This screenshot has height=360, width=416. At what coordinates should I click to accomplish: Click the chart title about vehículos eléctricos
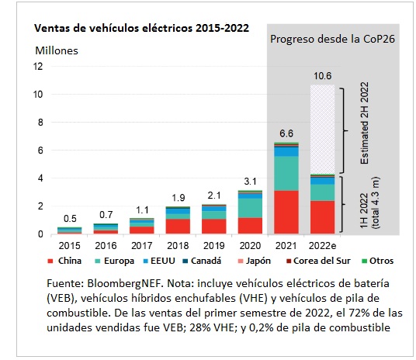141,28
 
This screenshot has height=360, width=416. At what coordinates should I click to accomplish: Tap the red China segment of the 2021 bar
286,213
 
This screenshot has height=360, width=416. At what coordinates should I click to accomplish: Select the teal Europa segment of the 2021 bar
286,174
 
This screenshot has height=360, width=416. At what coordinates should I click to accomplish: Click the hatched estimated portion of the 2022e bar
323,130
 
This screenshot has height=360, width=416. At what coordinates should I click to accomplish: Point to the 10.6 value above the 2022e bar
323,76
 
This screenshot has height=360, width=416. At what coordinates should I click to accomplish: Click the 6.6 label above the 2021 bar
286,133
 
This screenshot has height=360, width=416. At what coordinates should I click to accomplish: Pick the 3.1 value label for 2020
250,182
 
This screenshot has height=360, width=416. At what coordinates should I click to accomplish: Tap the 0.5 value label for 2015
70,219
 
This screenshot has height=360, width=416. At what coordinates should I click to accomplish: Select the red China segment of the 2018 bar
178,227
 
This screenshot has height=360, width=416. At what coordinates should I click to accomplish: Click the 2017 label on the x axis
142,246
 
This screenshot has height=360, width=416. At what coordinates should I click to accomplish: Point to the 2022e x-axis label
322,246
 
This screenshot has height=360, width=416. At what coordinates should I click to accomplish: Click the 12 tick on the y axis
38,66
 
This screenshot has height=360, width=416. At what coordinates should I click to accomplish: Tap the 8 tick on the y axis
40,123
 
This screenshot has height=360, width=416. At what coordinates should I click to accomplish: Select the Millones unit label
57,50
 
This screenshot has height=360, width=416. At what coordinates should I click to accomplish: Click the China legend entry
64,261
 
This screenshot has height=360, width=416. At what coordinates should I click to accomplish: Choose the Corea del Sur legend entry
318,261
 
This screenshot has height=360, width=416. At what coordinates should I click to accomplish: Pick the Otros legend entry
378,261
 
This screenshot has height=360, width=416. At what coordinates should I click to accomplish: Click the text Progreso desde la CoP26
332,39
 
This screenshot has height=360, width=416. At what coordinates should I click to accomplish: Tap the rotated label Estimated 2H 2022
365,123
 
